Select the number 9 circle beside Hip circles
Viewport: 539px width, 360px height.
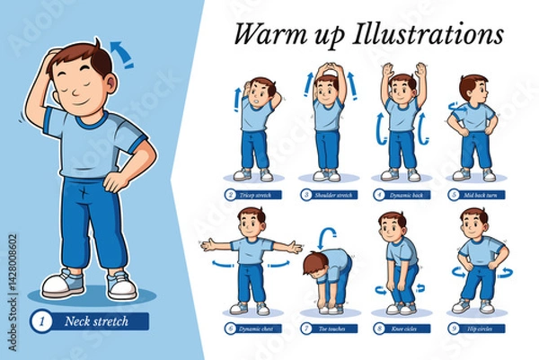pos(454,329)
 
